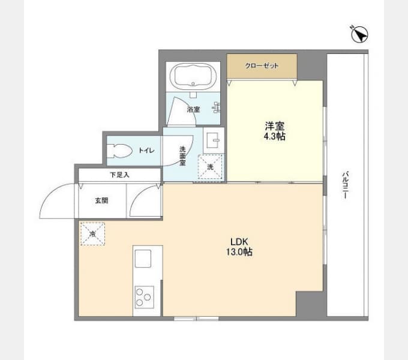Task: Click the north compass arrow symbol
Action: pos(359,34)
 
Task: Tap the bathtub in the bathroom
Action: pos(193,76)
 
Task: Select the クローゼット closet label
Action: pos(262,66)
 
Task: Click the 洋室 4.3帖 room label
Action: pos(275,131)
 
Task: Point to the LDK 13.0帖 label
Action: pos(239,247)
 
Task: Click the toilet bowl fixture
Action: pos(120,151)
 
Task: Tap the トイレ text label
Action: pos(146,151)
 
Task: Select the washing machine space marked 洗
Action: pos(210,167)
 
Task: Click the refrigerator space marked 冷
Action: pos(92,233)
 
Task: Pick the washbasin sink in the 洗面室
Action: pos(214,140)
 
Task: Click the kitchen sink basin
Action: pos(143,259)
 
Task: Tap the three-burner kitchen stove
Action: pos(145,297)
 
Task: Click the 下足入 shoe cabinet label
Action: pos(119,175)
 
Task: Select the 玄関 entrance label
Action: pos(101,200)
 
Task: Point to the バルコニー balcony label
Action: pos(345,185)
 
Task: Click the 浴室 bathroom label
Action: pos(193,110)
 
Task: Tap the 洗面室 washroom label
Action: pos(182,156)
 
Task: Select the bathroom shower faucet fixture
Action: pos(217,107)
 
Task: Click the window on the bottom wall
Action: pos(196,319)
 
